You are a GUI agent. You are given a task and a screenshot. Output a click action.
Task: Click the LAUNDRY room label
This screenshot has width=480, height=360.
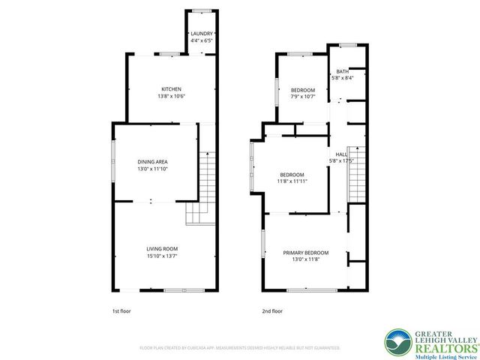pyautogui.click(x=202, y=34)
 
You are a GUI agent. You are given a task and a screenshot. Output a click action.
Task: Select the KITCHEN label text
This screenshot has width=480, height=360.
pyautogui.click(x=171, y=89)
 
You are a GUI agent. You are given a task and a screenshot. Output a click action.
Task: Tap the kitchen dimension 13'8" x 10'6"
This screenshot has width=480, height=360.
pyautogui.click(x=171, y=97)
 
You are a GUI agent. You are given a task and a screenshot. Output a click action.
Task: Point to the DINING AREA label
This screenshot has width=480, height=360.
pyautogui.click(x=152, y=162)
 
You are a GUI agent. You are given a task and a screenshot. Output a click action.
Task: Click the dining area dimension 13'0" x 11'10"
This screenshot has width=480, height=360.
pyautogui.click(x=152, y=169)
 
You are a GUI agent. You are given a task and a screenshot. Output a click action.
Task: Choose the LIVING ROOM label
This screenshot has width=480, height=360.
pyautogui.click(x=162, y=249)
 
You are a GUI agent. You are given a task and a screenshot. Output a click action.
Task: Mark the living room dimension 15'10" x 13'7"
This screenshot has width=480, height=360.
pyautogui.click(x=162, y=256)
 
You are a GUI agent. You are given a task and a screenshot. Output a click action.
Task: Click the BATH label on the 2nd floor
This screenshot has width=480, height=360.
pyautogui.click(x=342, y=71)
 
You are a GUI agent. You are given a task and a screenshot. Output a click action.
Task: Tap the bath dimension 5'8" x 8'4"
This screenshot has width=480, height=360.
pyautogui.click(x=342, y=78)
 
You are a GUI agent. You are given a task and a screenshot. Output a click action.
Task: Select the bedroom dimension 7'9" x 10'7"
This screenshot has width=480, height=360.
pyautogui.click(x=303, y=97)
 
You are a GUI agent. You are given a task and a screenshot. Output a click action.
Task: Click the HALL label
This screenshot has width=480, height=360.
pyautogui.click(x=341, y=154)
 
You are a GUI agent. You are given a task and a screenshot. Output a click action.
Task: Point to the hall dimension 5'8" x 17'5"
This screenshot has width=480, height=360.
pyautogui.click(x=341, y=160)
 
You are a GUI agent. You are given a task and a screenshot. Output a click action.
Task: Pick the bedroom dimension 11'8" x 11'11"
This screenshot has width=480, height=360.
pyautogui.click(x=292, y=181)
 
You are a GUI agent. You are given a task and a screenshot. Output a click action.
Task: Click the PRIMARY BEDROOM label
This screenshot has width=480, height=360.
pyautogui.click(x=305, y=253)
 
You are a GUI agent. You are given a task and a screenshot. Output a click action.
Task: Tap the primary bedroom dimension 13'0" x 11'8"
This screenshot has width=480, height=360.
pyautogui.click(x=305, y=260)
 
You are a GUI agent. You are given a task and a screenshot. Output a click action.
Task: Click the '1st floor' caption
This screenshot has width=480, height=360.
pyautogui.click(x=122, y=310)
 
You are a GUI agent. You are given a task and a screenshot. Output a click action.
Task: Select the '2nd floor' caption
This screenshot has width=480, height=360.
pyautogui.click(x=272, y=310)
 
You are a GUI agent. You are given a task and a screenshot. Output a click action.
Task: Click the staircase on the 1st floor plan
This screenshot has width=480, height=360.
pyautogui.click(x=204, y=184)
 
